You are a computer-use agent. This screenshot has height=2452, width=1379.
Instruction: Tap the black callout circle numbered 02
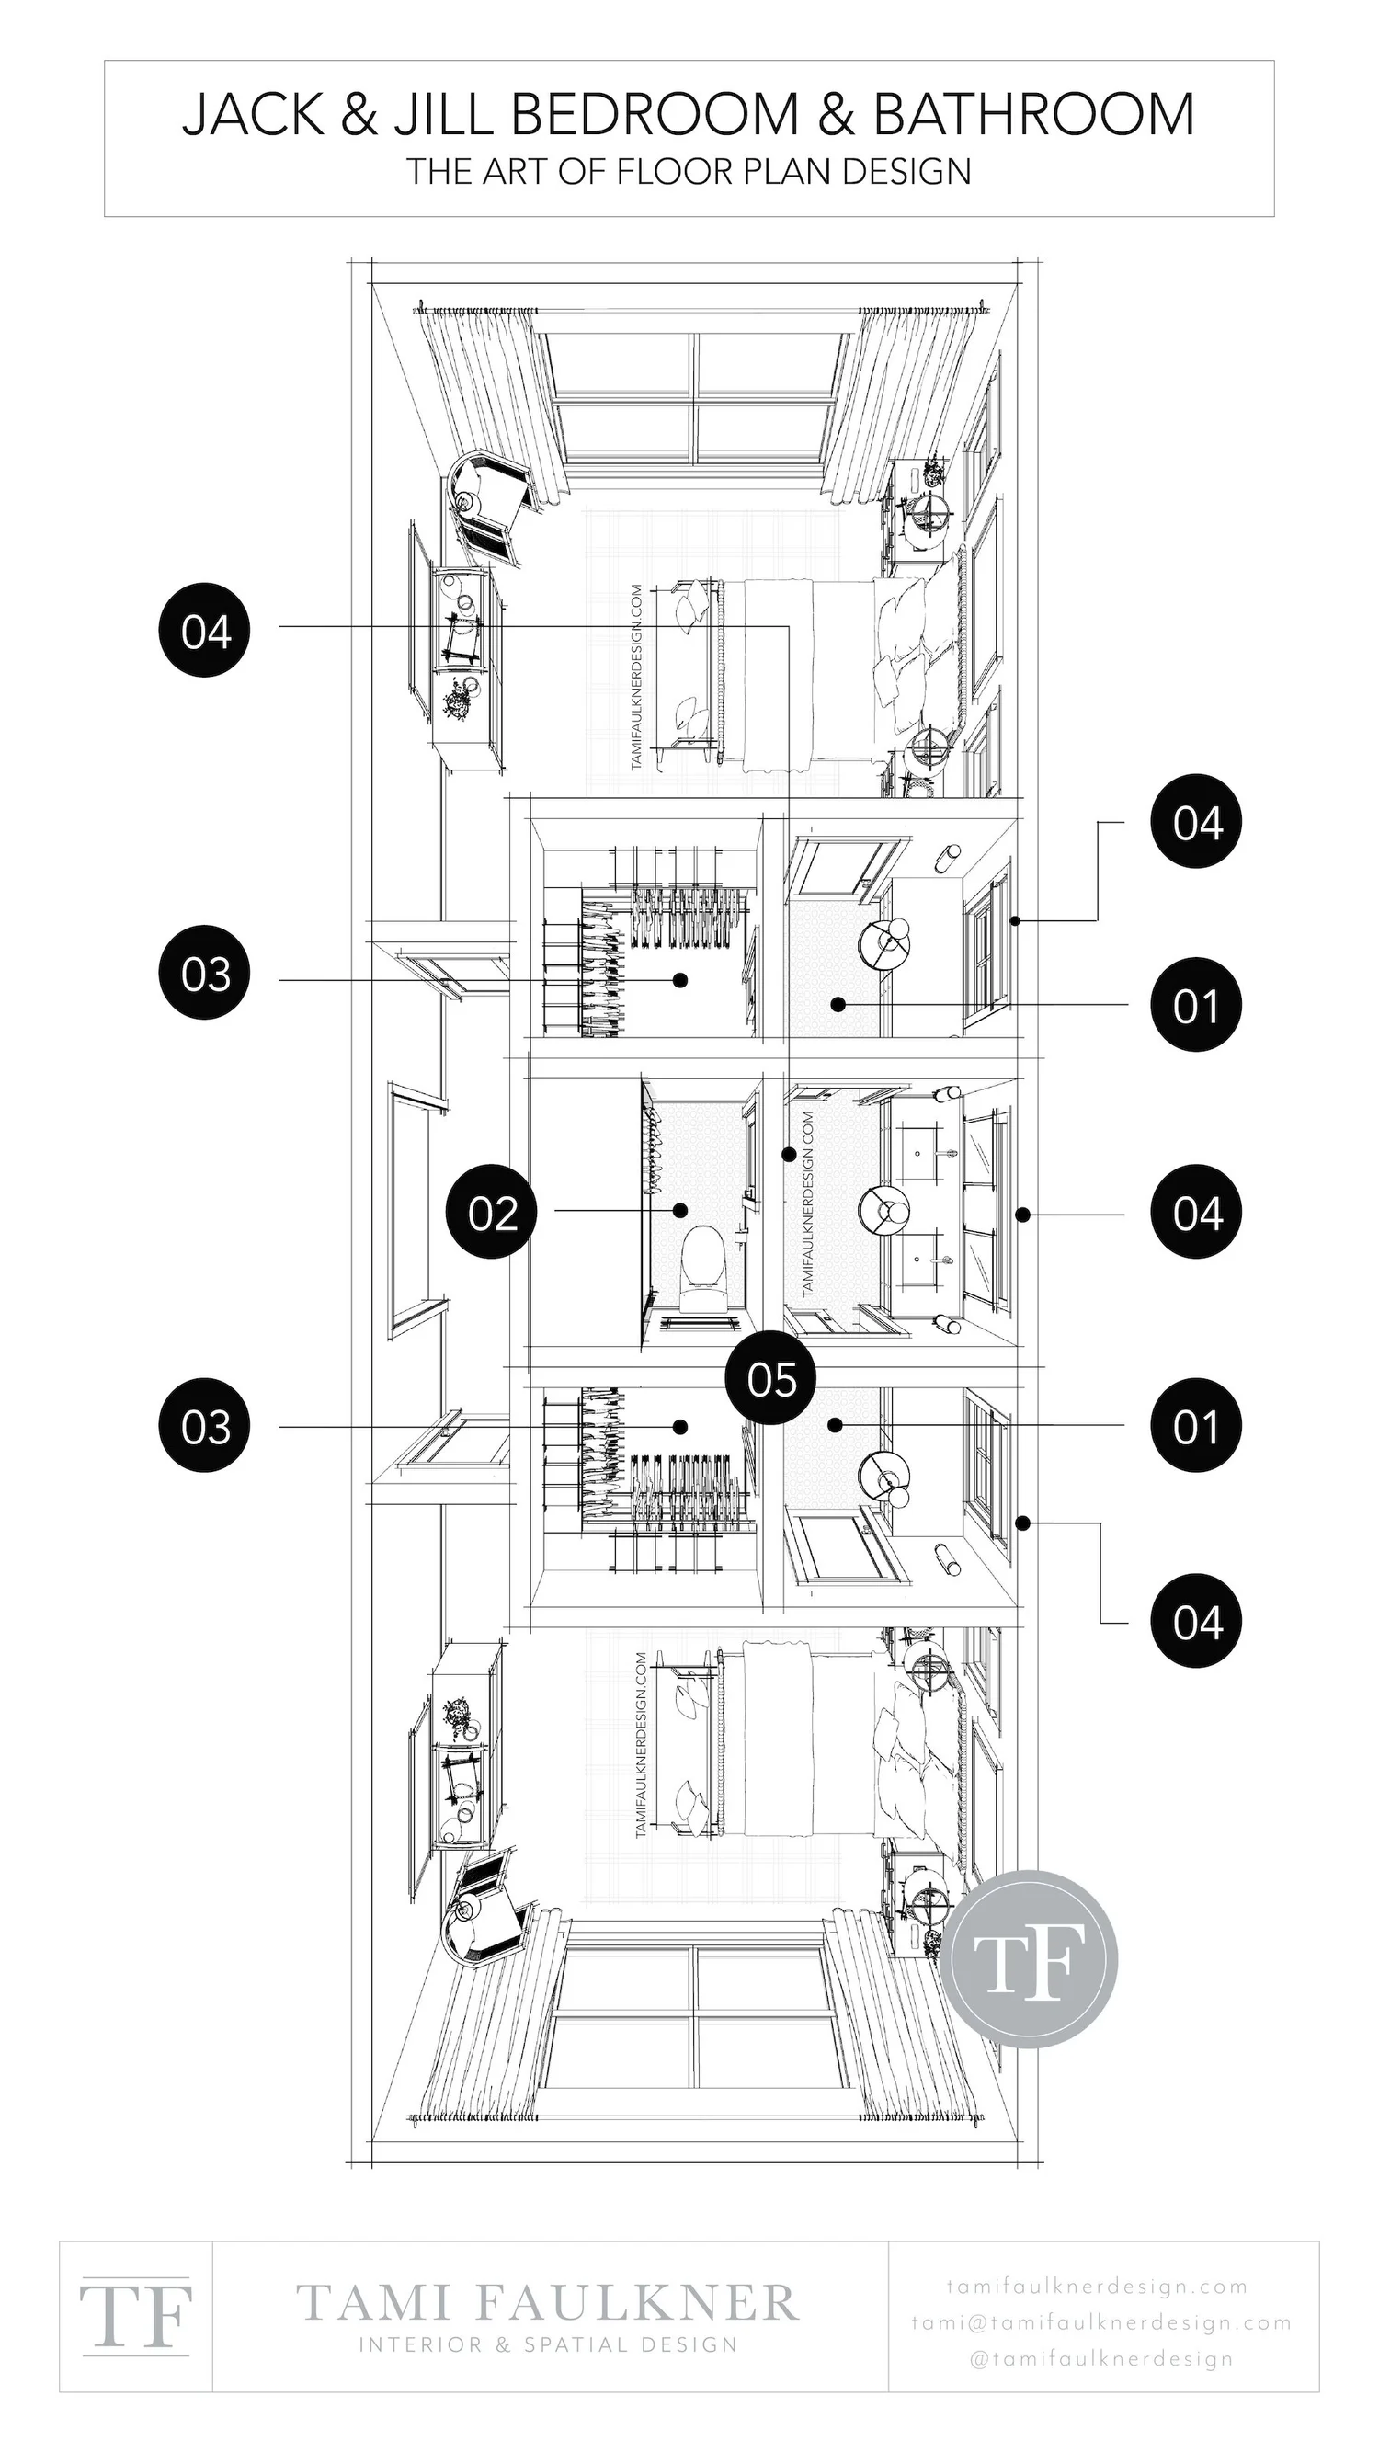coord(492,1213)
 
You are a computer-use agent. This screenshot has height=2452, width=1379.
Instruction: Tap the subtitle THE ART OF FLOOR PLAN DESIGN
coord(688,171)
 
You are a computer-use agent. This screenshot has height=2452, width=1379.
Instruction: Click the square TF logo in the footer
coord(136,2316)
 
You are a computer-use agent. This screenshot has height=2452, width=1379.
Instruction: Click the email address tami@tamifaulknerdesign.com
coord(1101,2323)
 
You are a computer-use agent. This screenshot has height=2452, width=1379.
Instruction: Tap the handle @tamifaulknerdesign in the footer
coord(1101,2359)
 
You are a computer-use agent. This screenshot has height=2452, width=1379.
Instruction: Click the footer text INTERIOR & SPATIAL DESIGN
coord(547,2344)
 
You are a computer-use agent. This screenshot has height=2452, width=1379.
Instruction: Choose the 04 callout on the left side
coord(206,631)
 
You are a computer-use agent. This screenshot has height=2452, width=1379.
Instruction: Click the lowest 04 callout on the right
coord(1196,1621)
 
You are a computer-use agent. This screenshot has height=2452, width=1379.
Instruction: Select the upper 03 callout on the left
coord(206,974)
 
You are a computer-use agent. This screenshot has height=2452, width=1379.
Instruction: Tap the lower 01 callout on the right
coord(1196,1427)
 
